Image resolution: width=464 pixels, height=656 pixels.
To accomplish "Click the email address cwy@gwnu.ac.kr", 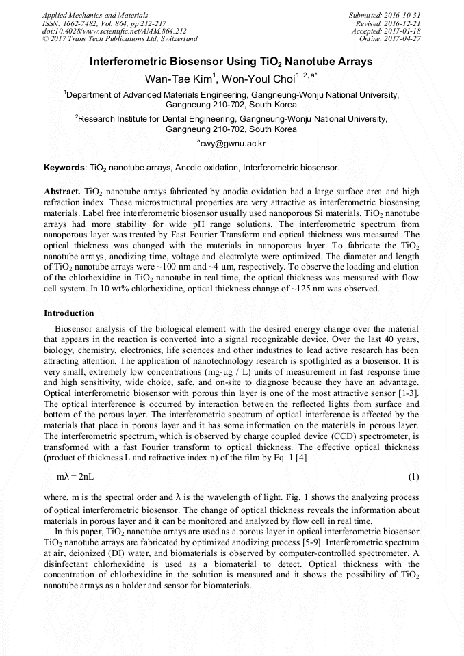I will tap(233, 144).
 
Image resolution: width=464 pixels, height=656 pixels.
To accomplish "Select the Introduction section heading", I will tap(69, 313).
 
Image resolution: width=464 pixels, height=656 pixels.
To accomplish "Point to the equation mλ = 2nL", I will tap(75, 475).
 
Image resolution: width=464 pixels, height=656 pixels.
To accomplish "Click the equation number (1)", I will tap(413, 475).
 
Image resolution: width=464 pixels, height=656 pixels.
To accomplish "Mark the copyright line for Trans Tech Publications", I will tap(120, 39).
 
